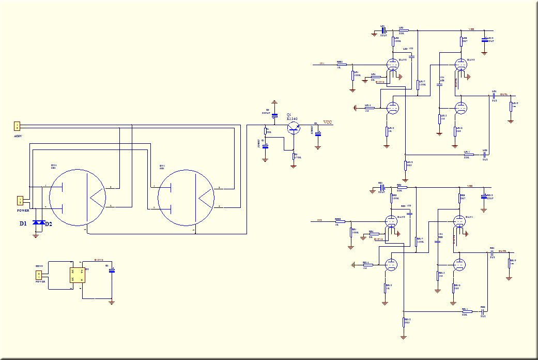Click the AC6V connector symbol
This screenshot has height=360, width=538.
pyautogui.click(x=17, y=126)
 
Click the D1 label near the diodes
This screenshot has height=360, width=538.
pyautogui.click(x=23, y=224)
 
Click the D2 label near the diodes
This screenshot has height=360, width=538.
pyautogui.click(x=49, y=224)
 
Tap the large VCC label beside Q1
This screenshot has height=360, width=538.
pyautogui.click(x=328, y=122)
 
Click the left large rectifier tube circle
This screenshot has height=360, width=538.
pyautogui.click(x=78, y=197)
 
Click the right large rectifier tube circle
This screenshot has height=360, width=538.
pyautogui.click(x=186, y=197)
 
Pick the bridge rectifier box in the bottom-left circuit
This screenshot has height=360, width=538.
pyautogui.click(x=78, y=275)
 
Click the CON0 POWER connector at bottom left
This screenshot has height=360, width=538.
pyautogui.click(x=38, y=275)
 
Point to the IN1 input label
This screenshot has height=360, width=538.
pyautogui.click(x=322, y=64)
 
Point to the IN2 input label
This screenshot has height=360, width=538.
pyautogui.click(x=319, y=220)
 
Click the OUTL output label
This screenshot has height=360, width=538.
pyautogui.click(x=503, y=95)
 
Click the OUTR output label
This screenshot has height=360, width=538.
pyautogui.click(x=502, y=251)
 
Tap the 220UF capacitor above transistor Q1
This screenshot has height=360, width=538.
pyautogui.click(x=274, y=115)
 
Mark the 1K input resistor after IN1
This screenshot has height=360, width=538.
pyautogui.click(x=341, y=65)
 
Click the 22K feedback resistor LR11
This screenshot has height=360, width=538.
pyautogui.click(x=468, y=155)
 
